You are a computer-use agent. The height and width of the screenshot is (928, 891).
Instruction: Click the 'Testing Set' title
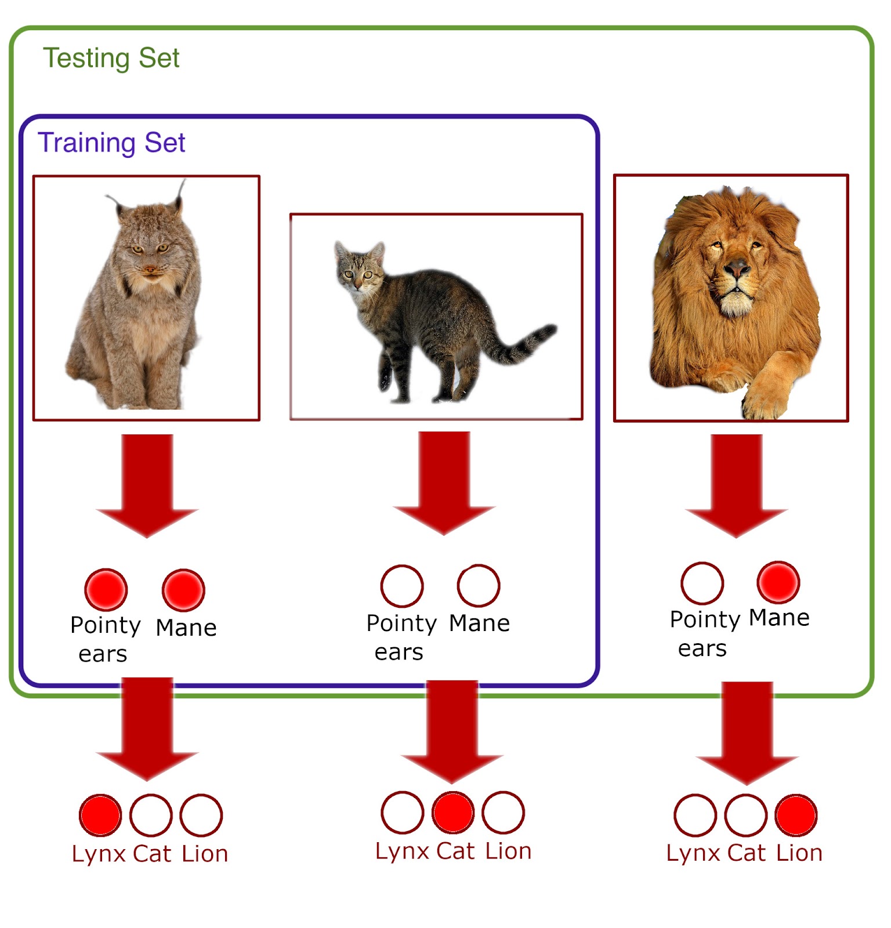111,59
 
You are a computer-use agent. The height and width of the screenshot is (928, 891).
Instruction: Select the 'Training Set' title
111,143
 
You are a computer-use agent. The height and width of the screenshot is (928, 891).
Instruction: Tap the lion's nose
737,269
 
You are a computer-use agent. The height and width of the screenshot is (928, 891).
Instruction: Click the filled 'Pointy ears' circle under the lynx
106,590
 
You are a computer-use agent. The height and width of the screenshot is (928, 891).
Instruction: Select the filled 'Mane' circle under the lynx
183,590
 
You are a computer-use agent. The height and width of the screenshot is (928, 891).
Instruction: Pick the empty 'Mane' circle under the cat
479,586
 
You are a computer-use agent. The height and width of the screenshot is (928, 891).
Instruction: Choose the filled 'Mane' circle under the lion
778,582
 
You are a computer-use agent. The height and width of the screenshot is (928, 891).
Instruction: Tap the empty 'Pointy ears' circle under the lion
702,583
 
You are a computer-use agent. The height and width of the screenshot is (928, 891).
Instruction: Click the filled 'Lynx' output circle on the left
100,815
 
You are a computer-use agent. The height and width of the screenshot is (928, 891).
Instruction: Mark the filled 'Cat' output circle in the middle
453,813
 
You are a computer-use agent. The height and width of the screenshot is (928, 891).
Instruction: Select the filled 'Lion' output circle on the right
796,815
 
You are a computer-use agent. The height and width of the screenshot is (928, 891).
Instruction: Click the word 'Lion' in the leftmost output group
205,854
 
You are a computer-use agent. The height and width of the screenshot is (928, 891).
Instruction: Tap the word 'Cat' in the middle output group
456,851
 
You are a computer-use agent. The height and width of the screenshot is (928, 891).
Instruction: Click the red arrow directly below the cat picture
444,481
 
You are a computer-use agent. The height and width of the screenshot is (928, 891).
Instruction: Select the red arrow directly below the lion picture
737,484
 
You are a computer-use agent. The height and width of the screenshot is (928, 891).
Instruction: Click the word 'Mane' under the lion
779,618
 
